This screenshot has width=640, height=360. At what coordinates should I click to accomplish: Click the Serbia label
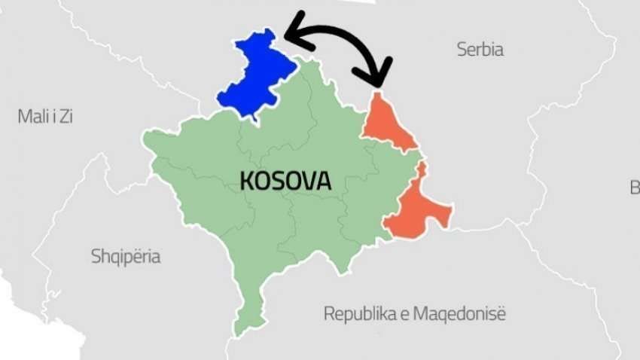tap(480, 50)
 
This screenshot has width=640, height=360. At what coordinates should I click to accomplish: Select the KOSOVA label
tap(285, 181)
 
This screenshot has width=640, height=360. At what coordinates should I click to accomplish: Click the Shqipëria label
tap(126, 257)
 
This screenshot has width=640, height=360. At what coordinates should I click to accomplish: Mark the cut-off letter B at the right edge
tap(635, 188)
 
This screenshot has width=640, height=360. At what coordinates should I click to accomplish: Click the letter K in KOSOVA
tap(247, 181)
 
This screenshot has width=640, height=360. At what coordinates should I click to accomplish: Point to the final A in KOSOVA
tap(323, 181)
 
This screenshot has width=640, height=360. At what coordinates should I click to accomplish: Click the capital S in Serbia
tap(462, 50)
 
